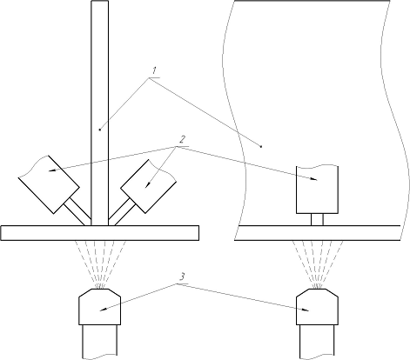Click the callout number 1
[x=154, y=70]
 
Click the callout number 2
[x=182, y=139]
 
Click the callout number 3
[x=182, y=277]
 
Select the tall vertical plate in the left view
[x=100, y=113]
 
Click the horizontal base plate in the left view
[x=100, y=233]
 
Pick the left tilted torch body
[x=49, y=184]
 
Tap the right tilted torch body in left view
[x=148, y=186]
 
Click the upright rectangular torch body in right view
[x=317, y=190]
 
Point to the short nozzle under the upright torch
[x=317, y=219]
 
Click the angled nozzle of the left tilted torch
[x=77, y=211]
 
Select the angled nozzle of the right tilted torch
[x=122, y=212]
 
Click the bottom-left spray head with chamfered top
[x=100, y=307]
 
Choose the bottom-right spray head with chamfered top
[x=317, y=307]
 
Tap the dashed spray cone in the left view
[x=100, y=264]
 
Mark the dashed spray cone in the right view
[x=318, y=264]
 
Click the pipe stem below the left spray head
[x=100, y=342]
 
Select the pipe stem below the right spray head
[x=317, y=342]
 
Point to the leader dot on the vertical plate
[x=100, y=130]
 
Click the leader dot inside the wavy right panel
[x=261, y=147]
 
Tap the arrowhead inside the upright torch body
[x=313, y=179]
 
